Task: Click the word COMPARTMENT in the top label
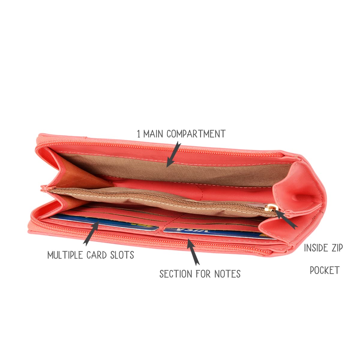coord(196,134)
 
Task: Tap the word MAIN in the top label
coord(153,134)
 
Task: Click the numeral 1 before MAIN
coord(138,134)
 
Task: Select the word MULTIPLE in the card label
coord(65,255)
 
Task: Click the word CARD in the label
coord(96,255)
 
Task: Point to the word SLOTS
coord(122,255)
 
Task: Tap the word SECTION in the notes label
coord(176,274)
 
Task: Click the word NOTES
coord(227,274)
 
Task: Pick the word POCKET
coord(325,270)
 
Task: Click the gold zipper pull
coord(271,208)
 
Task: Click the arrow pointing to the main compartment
coord(174,154)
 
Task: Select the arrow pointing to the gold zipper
coord(286,219)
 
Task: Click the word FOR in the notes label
coord(203,274)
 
